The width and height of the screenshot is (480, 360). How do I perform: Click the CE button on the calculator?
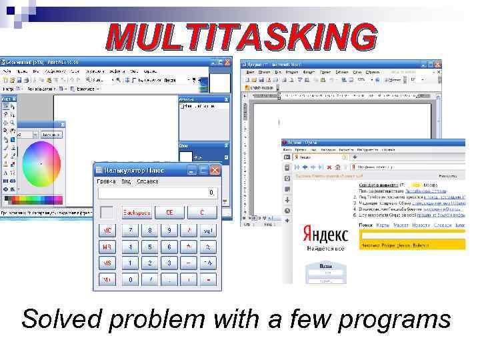(x=169, y=212)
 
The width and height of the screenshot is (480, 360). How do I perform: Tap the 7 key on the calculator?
(x=131, y=230)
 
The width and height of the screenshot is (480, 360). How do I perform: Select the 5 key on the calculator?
(x=150, y=247)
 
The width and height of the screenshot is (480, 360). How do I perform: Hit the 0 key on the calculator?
(x=131, y=280)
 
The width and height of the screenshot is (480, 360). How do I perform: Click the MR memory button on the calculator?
(x=107, y=247)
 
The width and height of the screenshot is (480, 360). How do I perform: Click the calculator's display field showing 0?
(x=157, y=193)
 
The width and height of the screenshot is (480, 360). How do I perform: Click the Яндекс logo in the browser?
(x=325, y=234)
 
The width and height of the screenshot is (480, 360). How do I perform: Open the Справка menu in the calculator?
(x=147, y=181)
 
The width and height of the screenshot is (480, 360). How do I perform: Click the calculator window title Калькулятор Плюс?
(x=137, y=170)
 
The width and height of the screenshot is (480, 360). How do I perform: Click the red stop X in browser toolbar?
(x=328, y=166)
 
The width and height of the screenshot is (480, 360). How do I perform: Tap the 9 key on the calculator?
(x=169, y=230)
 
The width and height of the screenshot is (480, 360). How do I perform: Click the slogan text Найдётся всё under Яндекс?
(x=325, y=247)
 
